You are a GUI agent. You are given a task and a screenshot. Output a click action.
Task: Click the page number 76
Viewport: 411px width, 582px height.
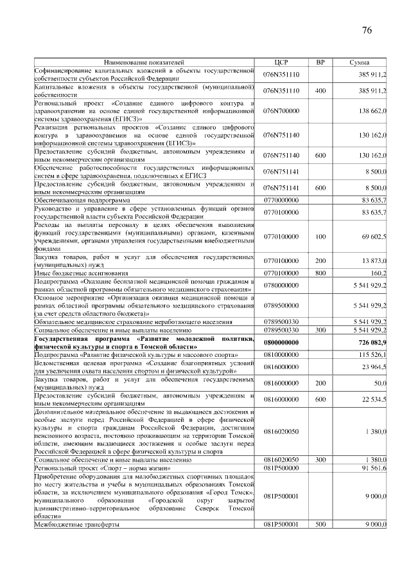pos(367,30)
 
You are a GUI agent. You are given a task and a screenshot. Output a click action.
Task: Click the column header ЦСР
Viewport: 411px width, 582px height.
pos(279,62)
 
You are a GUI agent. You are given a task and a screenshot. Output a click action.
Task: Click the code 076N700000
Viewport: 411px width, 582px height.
pos(281,111)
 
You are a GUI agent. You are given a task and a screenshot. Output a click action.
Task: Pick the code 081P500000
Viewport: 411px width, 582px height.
pos(281,468)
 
